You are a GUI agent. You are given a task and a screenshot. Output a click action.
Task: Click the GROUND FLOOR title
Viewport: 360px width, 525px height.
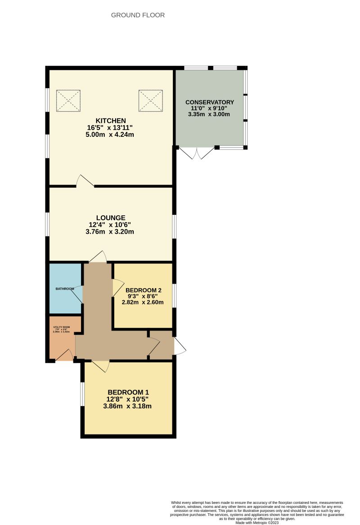click(138, 15)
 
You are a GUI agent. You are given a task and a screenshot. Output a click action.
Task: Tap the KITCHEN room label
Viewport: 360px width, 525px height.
click(110, 120)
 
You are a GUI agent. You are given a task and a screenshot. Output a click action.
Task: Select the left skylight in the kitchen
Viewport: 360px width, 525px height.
click(68, 100)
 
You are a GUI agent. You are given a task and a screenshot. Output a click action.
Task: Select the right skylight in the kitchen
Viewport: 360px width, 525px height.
click(150, 100)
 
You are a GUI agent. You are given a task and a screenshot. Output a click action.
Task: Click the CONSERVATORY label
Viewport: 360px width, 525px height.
click(210, 102)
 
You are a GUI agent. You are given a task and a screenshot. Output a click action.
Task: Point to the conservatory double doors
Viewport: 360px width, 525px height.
click(197, 153)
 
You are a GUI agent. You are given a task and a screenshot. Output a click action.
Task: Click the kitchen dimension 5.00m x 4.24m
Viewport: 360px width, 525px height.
click(110, 134)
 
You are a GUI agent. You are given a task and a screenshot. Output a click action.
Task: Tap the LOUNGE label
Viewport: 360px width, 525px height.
click(110, 217)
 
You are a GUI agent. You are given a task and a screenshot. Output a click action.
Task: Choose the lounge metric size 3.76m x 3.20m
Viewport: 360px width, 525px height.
click(110, 232)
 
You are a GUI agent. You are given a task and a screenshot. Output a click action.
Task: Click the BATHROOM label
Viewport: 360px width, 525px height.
click(65, 289)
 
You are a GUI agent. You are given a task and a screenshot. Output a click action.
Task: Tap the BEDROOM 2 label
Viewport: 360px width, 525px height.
click(143, 290)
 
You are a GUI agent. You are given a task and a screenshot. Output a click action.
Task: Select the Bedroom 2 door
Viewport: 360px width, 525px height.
click(117, 286)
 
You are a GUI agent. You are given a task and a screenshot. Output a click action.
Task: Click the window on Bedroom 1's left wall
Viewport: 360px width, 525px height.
click(83, 394)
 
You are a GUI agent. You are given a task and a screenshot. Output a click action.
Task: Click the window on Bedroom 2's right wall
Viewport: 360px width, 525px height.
click(174, 295)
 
